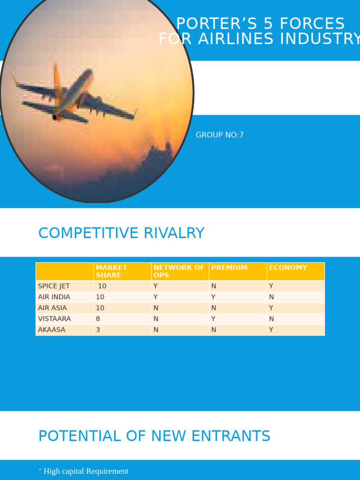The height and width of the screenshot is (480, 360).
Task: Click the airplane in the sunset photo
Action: [75, 94]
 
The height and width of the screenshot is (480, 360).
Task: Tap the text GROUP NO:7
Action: [219, 135]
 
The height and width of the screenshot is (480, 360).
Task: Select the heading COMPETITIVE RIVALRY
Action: [121, 233]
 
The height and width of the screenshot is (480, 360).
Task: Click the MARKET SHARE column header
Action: [112, 271]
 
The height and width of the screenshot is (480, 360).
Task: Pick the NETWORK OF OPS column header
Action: [179, 271]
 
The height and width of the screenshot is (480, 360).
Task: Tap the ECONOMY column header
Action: [288, 268]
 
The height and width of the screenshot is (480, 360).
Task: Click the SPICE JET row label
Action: [54, 286]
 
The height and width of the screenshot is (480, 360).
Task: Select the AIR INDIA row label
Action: [54, 297]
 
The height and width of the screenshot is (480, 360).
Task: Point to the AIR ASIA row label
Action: [52, 308]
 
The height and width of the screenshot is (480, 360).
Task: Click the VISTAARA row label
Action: [54, 319]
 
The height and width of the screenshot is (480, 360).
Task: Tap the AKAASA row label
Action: [52, 330]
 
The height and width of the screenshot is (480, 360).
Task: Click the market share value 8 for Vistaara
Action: [98, 319]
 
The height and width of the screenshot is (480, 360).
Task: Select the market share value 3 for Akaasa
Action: [98, 330]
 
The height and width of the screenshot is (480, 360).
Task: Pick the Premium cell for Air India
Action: [213, 297]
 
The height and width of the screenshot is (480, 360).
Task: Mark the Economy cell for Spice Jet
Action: [271, 286]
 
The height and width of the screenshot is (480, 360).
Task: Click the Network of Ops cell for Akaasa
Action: [156, 330]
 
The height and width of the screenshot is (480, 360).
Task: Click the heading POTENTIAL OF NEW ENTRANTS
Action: [154, 436]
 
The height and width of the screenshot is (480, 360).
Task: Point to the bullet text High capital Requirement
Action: [86, 471]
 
